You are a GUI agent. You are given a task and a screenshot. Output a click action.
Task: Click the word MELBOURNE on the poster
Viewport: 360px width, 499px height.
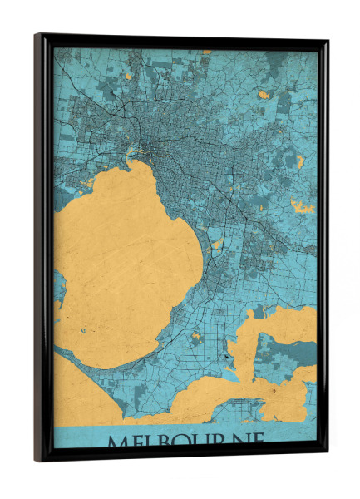(x=185, y=438)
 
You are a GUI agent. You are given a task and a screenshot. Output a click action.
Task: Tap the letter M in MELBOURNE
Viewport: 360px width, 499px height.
(x=118, y=439)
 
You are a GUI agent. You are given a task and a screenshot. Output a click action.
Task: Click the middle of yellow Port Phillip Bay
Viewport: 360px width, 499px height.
(x=125, y=266)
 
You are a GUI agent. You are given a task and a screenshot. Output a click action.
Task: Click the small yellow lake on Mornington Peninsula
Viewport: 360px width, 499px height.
(x=197, y=337)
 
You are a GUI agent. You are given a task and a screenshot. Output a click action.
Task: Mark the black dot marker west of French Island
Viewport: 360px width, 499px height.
(x=225, y=357)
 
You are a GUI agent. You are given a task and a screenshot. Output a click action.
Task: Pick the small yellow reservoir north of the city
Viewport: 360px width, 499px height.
(x=129, y=76)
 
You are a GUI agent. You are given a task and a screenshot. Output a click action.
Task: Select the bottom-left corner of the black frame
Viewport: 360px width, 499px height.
(x=37, y=459)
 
